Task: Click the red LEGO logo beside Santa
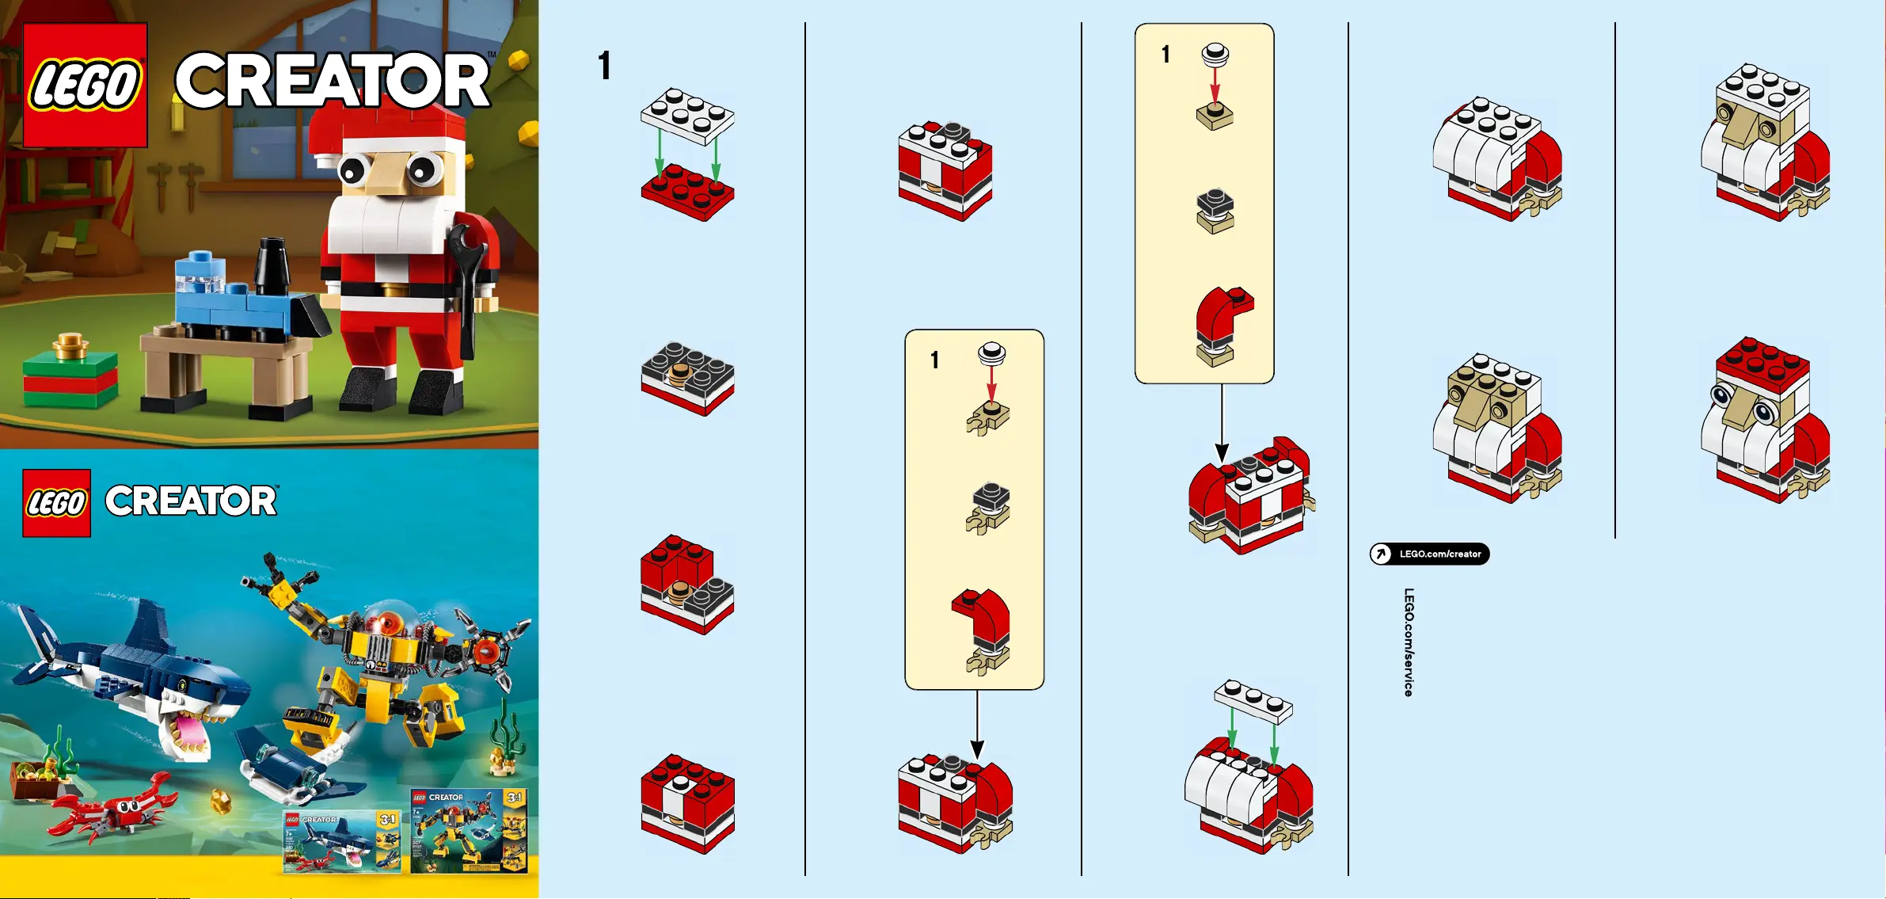85,85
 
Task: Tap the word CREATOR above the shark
191,501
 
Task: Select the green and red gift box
70,379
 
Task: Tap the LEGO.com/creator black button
1429,554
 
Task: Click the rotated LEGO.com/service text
1409,642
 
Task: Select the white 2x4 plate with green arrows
687,116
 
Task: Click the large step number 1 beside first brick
604,66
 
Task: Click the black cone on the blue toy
272,265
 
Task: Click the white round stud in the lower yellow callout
991,352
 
